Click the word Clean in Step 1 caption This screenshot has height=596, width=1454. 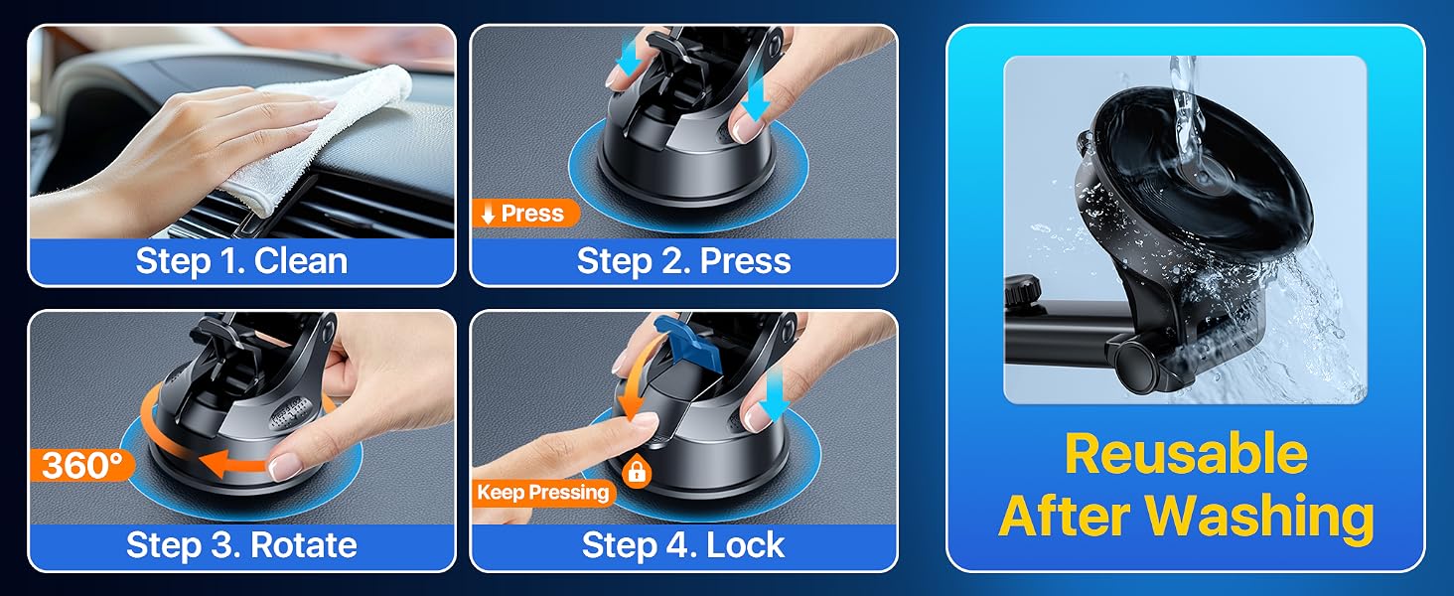(x=301, y=261)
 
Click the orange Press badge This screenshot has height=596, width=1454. (x=525, y=213)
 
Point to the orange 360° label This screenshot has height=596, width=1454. (x=82, y=465)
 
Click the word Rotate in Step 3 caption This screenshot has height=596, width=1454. (x=303, y=544)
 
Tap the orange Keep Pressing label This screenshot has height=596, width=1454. (x=542, y=493)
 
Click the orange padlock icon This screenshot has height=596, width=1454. (x=636, y=472)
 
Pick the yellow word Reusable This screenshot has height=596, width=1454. (x=1186, y=456)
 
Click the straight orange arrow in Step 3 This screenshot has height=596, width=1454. (x=233, y=465)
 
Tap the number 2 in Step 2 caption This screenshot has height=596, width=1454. (x=677, y=261)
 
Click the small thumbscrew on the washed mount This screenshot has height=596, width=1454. (x=1023, y=291)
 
